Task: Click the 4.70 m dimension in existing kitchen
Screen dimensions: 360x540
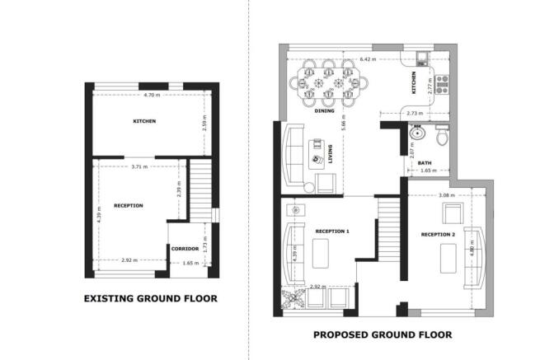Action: click(151, 96)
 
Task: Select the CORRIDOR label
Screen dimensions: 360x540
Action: click(185, 247)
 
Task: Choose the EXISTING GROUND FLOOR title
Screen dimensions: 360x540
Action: click(151, 298)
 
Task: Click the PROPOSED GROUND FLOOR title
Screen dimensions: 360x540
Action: click(383, 334)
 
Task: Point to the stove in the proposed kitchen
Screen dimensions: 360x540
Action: click(441, 82)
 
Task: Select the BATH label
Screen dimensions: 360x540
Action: click(425, 162)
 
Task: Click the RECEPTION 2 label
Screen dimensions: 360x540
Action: click(438, 236)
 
